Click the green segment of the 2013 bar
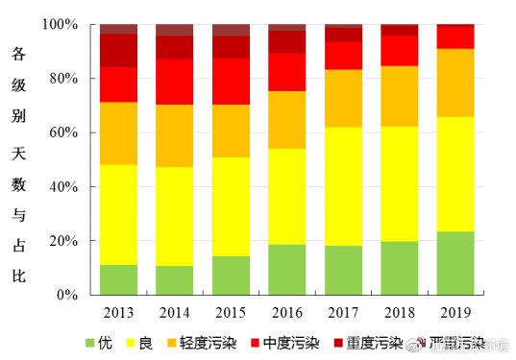[x=118, y=279]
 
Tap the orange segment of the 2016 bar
[x=286, y=120]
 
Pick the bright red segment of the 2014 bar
[x=174, y=82]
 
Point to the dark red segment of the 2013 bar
[x=118, y=50]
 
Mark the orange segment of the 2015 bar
[x=231, y=131]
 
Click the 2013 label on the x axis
[x=118, y=311]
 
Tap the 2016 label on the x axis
[x=286, y=311]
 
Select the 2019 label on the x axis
[x=455, y=311]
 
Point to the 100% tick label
[x=61, y=24]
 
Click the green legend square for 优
[x=91, y=343]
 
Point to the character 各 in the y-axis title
[x=17, y=55]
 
